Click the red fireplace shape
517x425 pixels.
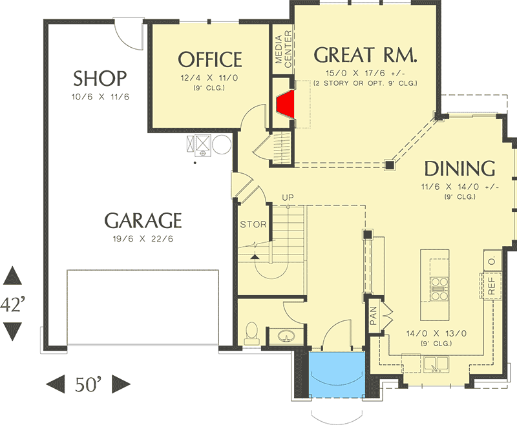point(286,104)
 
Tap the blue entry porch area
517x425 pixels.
point(337,373)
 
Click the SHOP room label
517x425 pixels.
point(100,78)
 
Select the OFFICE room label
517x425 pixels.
point(210,59)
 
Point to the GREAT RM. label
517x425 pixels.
point(365,55)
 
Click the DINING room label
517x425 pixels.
point(459,169)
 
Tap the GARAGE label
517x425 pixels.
point(143,220)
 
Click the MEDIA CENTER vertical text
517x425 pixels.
point(283,49)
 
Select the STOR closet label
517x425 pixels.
point(253,224)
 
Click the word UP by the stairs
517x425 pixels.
point(288,198)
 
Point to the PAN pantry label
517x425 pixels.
point(374,315)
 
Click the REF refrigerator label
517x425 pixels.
point(491,285)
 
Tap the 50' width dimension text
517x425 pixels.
point(88,384)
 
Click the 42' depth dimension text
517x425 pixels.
point(12,304)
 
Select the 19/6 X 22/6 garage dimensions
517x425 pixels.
point(143,238)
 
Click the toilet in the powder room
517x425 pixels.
point(252,333)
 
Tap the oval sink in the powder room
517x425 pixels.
point(286,337)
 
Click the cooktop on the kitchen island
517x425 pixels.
point(439,289)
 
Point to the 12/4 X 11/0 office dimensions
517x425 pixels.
point(209,78)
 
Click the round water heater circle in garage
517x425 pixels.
point(222,144)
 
